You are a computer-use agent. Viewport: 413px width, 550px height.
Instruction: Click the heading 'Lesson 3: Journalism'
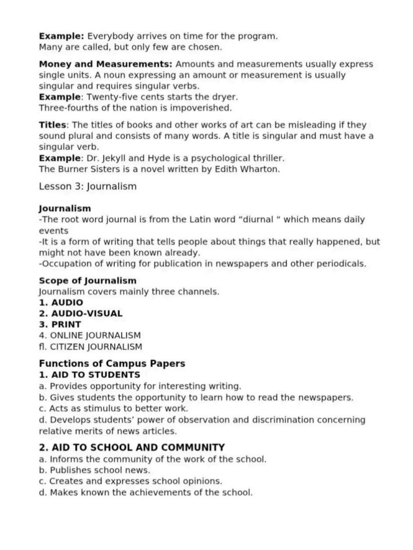click(87, 186)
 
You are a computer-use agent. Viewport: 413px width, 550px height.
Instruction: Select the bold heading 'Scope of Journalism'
click(87, 280)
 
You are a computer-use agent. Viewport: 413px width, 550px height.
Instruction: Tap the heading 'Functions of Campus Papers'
click(112, 363)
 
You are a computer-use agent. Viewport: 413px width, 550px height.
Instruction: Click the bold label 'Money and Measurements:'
click(106, 64)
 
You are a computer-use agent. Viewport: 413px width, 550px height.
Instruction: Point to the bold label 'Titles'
click(52, 125)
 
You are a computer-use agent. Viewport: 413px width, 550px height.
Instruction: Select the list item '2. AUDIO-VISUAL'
click(80, 313)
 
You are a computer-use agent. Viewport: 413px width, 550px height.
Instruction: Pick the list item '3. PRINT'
click(60, 324)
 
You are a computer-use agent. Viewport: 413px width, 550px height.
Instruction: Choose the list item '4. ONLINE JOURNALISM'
click(90, 335)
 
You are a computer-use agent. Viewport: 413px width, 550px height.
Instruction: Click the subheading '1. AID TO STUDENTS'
click(89, 375)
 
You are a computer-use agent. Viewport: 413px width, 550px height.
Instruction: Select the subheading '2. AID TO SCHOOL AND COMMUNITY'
click(132, 447)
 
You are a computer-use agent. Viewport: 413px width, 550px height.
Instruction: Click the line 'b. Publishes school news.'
click(94, 470)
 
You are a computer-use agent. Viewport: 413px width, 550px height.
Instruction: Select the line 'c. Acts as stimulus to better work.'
click(113, 409)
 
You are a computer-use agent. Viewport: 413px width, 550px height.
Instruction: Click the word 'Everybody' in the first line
click(111, 36)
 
